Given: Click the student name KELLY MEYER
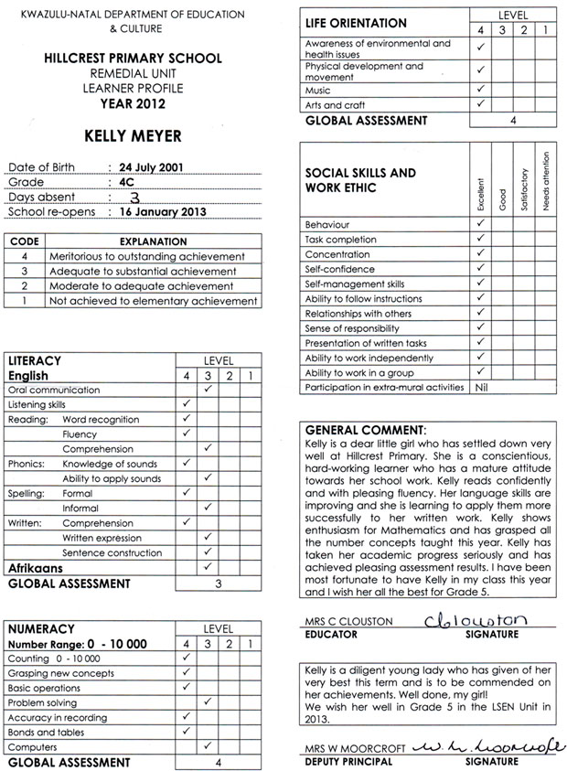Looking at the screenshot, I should [x=133, y=136].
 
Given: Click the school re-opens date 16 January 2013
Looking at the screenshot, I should [x=163, y=212].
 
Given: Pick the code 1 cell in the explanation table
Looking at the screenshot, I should [x=23, y=300].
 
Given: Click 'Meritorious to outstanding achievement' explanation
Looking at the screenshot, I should [x=146, y=257].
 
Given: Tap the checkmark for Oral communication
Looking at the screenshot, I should [x=209, y=390].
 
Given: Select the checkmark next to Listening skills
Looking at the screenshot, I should [x=187, y=404].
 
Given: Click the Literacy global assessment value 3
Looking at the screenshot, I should [x=219, y=583].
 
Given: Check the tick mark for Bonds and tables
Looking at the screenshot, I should [x=187, y=732].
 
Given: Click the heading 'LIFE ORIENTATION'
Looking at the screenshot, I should [x=356, y=24].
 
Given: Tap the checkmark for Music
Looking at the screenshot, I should [x=481, y=91].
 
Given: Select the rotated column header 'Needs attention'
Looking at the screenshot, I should [x=546, y=182].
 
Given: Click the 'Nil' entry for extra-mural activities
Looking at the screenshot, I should [x=481, y=388].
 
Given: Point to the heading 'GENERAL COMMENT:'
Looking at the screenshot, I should [x=364, y=429].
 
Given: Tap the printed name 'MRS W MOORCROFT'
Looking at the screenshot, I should [x=350, y=750].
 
